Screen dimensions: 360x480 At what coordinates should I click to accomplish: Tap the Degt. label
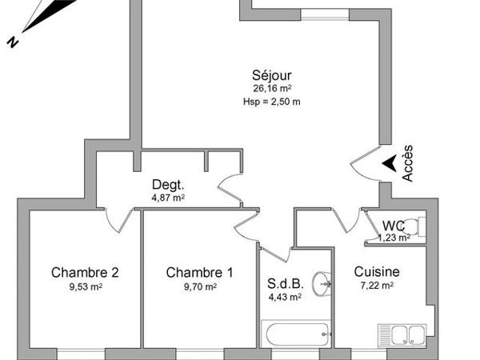tap(168, 183)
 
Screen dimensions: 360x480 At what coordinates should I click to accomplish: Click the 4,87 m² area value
tap(168, 197)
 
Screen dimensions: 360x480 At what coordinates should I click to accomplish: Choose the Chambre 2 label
tap(85, 273)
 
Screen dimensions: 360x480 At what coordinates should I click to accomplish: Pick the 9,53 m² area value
tap(85, 286)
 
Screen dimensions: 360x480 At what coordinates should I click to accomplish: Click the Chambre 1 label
tap(199, 273)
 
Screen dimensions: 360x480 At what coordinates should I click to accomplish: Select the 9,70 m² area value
tap(199, 286)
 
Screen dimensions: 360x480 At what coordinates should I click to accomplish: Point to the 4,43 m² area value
tap(284, 297)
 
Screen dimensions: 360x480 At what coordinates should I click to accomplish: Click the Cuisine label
tap(377, 272)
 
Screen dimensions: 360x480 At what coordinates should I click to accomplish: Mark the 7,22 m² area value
tap(377, 286)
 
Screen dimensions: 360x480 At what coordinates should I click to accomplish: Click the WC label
tap(393, 226)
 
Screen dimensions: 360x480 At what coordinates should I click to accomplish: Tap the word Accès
tap(408, 162)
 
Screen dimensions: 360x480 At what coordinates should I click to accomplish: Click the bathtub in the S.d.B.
tap(295, 334)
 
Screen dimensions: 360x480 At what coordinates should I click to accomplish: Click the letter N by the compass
tap(13, 43)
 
